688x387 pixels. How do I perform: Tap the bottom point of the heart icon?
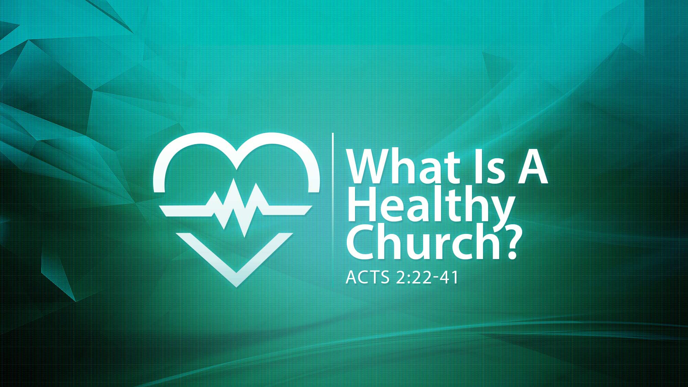pos(236,287)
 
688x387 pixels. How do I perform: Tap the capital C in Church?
pos(361,243)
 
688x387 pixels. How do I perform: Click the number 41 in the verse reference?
pos(450,277)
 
